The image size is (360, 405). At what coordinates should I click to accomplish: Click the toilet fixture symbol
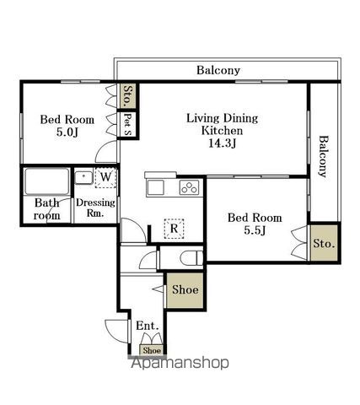pyautogui.click(x=191, y=258)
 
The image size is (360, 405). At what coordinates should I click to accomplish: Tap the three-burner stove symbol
pyautogui.click(x=189, y=187)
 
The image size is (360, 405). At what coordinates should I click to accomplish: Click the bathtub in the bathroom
pyautogui.click(x=47, y=181)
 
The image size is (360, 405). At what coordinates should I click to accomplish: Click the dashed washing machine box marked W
pyautogui.click(x=105, y=178)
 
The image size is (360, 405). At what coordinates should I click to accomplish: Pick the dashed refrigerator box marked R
pyautogui.click(x=175, y=229)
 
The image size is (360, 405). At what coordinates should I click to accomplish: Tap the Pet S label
pyautogui.click(x=127, y=124)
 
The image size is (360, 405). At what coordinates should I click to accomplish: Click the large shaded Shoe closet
pyautogui.click(x=185, y=290)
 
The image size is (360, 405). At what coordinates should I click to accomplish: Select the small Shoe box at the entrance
pyautogui.click(x=152, y=350)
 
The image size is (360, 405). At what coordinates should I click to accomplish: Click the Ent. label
pyautogui.click(x=148, y=326)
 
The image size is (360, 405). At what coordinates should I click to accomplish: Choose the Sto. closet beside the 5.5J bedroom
pyautogui.click(x=324, y=243)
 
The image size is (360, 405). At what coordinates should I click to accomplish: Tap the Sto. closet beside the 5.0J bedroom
pyautogui.click(x=128, y=95)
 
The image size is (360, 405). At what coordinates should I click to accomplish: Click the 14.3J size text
pyautogui.click(x=222, y=143)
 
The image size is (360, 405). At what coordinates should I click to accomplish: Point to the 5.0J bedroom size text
pyautogui.click(x=67, y=132)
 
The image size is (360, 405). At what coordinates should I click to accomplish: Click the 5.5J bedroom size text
pyautogui.click(x=255, y=230)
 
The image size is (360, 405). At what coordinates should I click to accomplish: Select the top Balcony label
pyautogui.click(x=218, y=70)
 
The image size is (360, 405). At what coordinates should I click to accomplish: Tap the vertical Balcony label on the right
pyautogui.click(x=324, y=157)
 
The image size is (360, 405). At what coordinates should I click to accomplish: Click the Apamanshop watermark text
pyautogui.click(x=180, y=363)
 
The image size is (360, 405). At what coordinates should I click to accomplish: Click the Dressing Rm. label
pyautogui.click(x=95, y=208)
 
